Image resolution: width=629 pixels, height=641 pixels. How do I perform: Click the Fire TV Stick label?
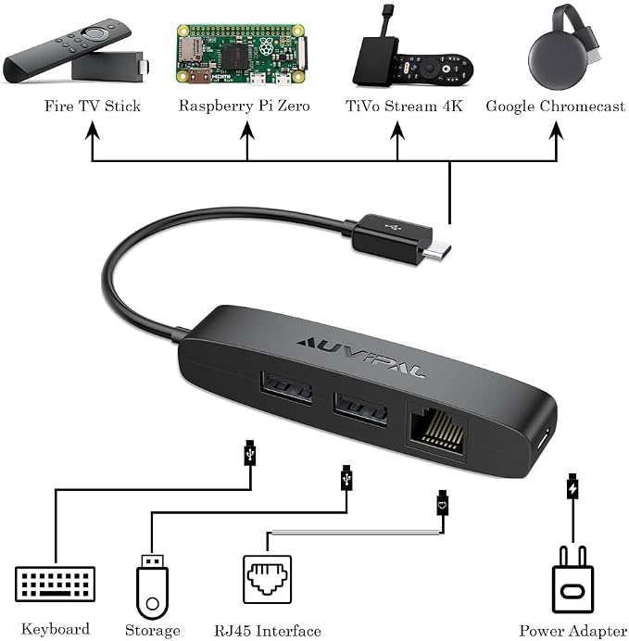(93, 106)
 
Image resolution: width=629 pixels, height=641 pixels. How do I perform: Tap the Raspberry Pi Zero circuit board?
(241, 55)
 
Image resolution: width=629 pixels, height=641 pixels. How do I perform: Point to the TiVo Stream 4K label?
(404, 106)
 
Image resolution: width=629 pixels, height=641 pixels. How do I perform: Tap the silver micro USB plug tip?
(436, 250)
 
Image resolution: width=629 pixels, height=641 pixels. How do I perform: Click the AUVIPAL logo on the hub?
(360, 358)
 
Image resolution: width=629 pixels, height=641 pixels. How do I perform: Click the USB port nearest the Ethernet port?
(360, 409)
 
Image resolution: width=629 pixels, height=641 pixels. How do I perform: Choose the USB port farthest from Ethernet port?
(285, 386)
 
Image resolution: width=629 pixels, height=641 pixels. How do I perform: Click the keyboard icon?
(55, 584)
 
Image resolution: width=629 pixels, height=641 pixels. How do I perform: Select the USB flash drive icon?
(153, 586)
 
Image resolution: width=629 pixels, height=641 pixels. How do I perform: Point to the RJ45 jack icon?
(268, 579)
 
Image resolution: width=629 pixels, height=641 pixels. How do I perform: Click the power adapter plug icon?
(572, 580)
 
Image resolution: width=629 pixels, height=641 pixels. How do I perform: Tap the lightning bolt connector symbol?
(572, 487)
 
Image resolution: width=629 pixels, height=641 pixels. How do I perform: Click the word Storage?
(153, 630)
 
